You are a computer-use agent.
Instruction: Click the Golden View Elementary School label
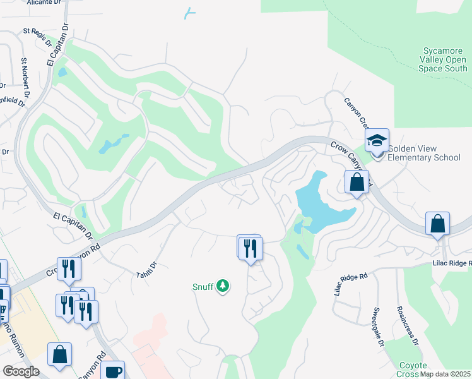point(423,153)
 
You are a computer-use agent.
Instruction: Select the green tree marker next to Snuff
point(222,287)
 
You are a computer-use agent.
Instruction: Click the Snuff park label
point(203,286)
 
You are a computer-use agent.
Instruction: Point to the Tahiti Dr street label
point(146,274)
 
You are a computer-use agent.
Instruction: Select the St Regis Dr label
point(37,37)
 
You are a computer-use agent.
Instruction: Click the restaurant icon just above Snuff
point(251,247)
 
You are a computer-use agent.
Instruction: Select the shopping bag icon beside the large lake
point(357,183)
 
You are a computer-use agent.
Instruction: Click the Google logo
point(21,371)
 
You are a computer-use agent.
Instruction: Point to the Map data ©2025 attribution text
point(445,374)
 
